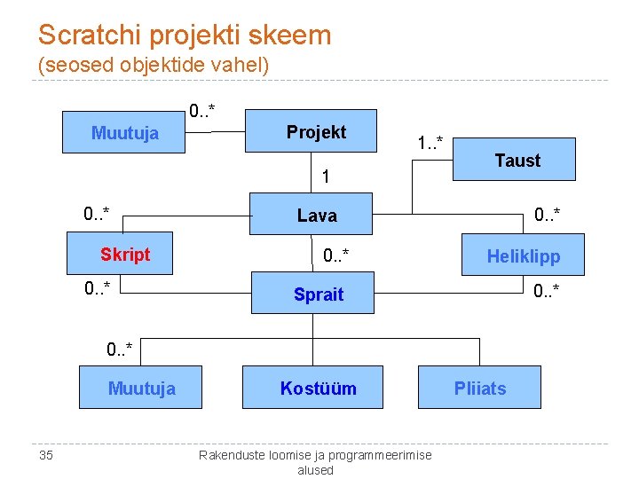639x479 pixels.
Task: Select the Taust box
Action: [517, 160]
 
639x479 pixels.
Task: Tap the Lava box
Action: [317, 215]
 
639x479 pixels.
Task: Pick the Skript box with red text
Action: [125, 255]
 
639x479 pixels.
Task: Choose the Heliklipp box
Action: [523, 257]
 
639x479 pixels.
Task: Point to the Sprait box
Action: [318, 294]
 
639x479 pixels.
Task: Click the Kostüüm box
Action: [318, 388]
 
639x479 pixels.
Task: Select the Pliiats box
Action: [479, 388]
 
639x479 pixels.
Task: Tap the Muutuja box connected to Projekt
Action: [124, 133]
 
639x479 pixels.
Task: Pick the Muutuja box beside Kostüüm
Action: [141, 388]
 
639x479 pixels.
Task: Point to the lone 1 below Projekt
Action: [327, 177]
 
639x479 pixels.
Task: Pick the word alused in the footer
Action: [315, 470]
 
